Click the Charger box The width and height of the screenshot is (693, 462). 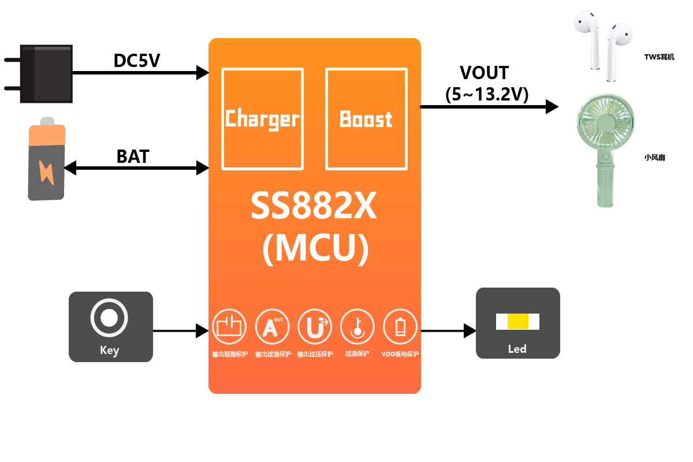[x=263, y=119]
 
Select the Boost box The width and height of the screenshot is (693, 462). [x=366, y=119]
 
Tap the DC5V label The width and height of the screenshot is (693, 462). [x=137, y=60]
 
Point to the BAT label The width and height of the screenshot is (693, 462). [x=133, y=157]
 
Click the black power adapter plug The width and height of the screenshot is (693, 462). [x=46, y=74]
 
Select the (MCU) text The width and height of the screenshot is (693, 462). [x=315, y=249]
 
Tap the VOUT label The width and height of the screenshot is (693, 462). [x=484, y=73]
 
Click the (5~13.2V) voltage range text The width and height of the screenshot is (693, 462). [x=487, y=95]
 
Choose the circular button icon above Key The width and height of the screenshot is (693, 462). [x=109, y=317]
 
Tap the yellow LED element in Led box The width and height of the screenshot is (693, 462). [x=517, y=322]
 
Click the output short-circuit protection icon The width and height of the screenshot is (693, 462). [x=229, y=326]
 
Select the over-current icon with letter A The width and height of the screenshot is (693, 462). [x=272, y=326]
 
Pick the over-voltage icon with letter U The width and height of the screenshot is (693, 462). [x=315, y=326]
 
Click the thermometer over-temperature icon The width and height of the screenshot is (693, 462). [x=357, y=326]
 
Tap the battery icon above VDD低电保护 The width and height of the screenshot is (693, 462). [x=400, y=326]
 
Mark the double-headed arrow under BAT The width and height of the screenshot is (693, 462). [x=136, y=168]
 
